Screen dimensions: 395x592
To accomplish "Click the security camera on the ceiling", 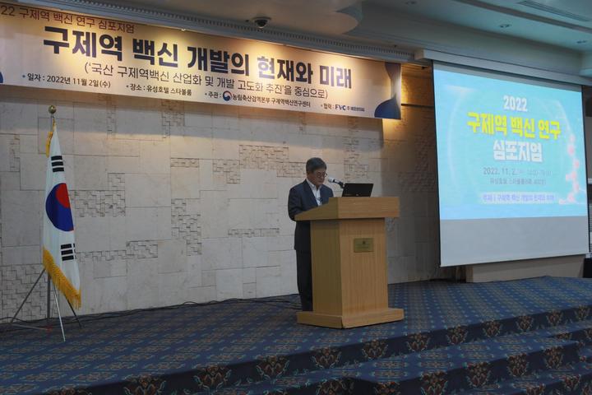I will (261, 22).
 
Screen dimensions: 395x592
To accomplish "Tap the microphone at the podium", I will (335, 181).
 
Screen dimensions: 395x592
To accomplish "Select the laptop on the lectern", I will (358, 190).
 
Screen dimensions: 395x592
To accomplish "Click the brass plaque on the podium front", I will (363, 244).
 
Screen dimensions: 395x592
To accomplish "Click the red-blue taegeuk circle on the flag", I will (59, 207).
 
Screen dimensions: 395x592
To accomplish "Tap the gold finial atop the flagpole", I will (52, 109).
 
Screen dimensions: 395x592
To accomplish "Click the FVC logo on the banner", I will (340, 107).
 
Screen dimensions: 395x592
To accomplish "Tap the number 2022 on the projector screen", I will (516, 104).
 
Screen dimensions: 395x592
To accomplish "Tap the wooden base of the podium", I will (350, 317).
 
